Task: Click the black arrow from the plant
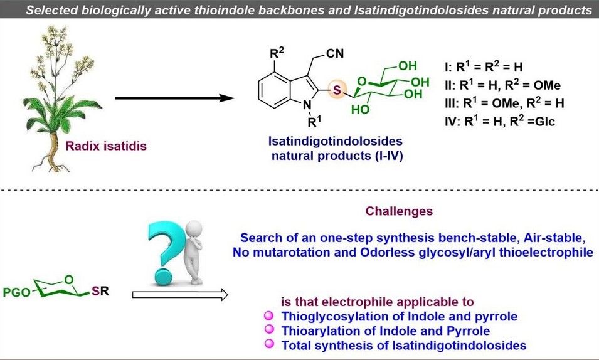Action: point(169,98)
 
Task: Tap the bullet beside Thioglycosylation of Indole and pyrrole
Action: point(270,317)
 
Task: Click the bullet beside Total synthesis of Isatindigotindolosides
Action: point(270,344)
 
